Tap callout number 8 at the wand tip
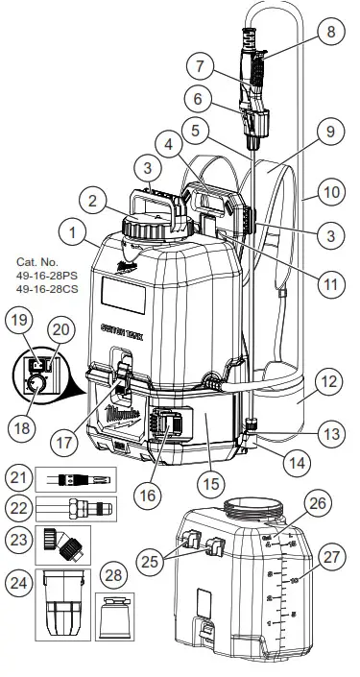click(332, 32)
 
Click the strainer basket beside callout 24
click(60, 607)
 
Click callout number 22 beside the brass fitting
click(18, 507)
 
